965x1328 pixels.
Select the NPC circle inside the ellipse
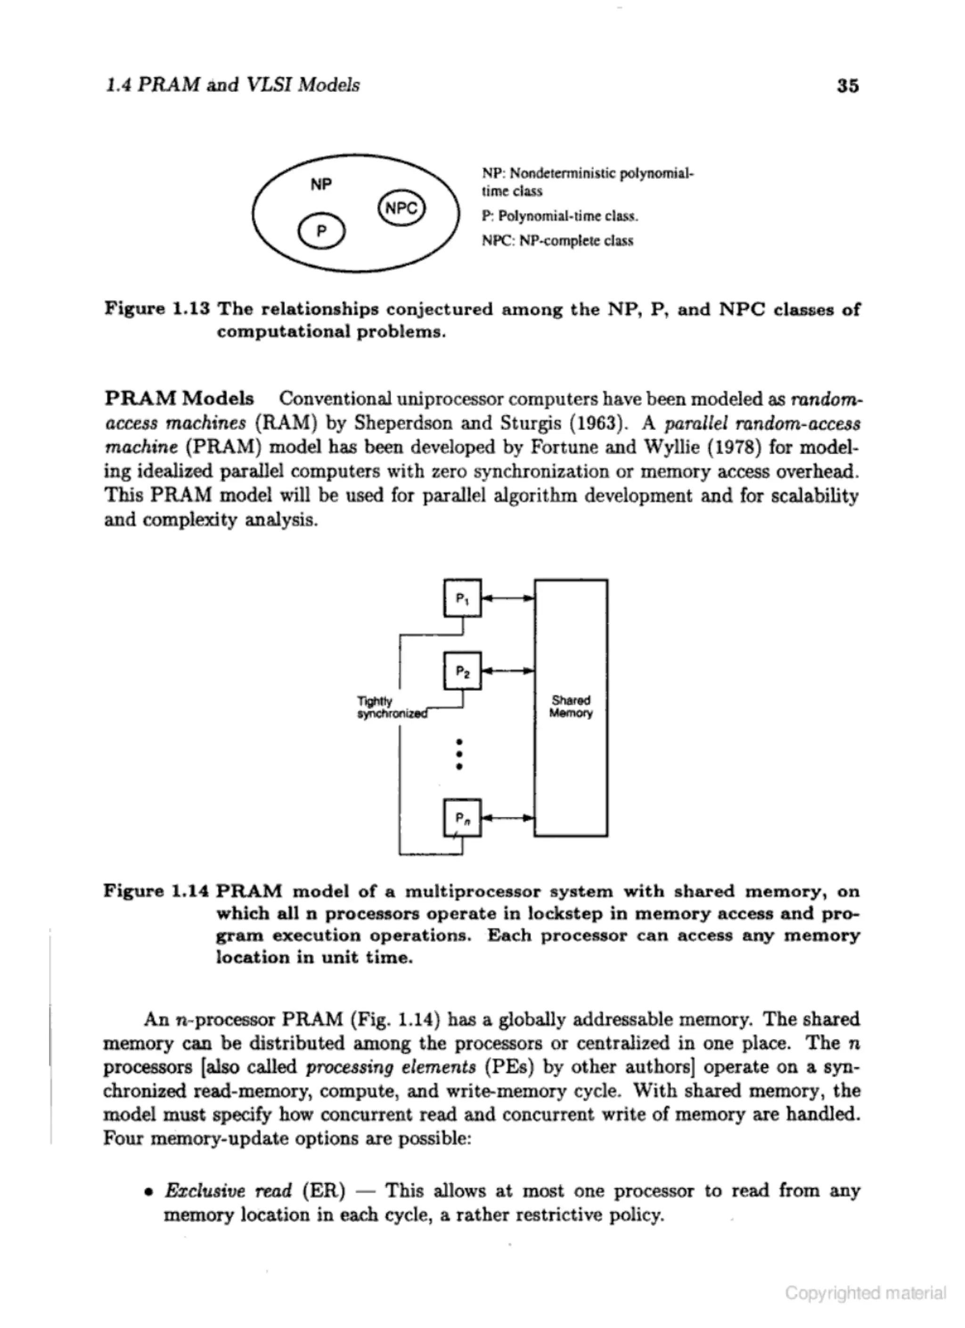tap(402, 208)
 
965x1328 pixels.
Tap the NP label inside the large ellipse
tap(321, 184)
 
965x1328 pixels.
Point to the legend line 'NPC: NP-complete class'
tap(557, 241)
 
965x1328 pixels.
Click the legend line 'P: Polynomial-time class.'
tap(559, 216)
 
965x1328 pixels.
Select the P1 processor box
tap(462, 598)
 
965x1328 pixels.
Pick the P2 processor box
tap(462, 671)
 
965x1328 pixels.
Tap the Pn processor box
tap(462, 817)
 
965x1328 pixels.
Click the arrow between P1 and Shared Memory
tap(508, 598)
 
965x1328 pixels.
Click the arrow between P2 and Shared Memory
tap(508, 671)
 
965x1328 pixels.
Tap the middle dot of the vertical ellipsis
tap(459, 754)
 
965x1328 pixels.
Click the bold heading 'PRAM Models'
tap(179, 399)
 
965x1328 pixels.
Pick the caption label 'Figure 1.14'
tap(156, 891)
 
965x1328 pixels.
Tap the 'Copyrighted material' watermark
tap(865, 1293)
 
